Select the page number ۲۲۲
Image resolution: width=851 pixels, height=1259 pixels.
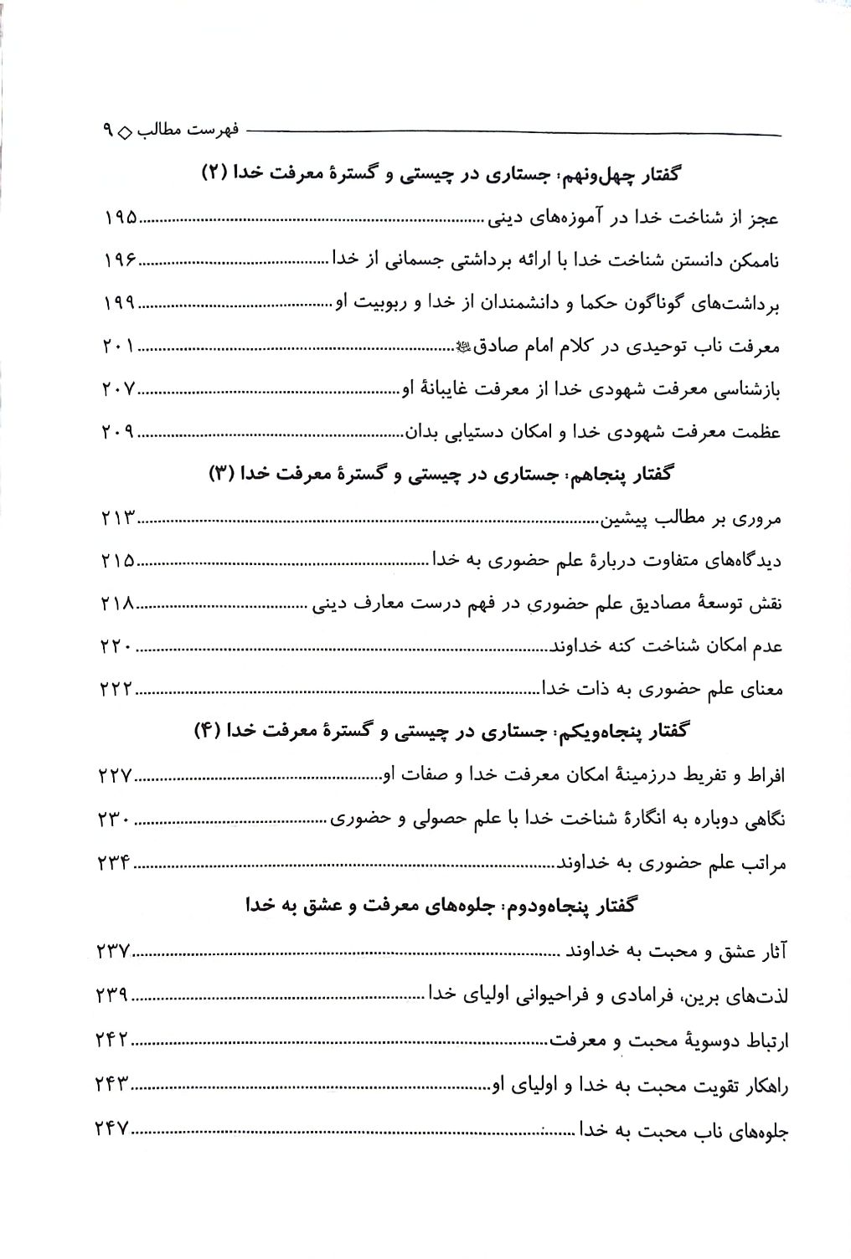(x=116, y=689)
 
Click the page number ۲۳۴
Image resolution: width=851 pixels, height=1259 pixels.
(x=116, y=862)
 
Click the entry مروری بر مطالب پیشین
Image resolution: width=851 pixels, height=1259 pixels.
(x=689, y=519)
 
